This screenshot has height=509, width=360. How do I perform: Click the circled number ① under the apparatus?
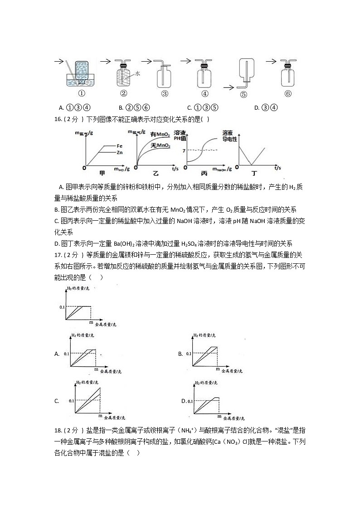point(82,94)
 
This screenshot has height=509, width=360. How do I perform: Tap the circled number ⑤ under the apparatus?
point(244,95)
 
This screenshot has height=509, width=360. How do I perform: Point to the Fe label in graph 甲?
point(119,146)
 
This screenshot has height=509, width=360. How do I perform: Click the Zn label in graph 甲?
point(119,153)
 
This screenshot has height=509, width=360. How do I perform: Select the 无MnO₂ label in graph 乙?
point(160,145)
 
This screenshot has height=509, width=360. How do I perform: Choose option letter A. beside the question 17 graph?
point(57,354)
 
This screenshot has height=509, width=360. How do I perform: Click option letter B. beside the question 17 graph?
point(180,354)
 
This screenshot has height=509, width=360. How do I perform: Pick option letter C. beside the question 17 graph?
point(57,401)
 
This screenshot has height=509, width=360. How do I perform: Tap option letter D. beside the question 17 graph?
point(184,401)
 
